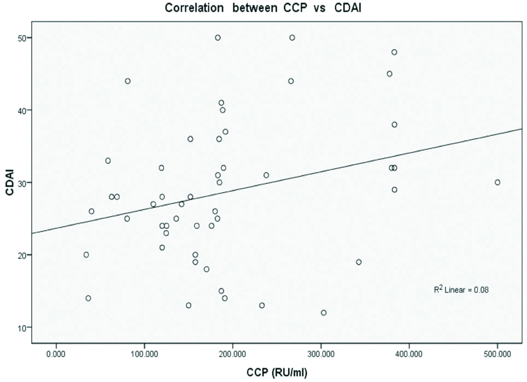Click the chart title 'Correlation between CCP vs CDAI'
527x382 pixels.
pos(262,8)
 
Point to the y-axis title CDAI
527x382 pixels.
pos(9,182)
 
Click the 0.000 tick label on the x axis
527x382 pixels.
pos(56,355)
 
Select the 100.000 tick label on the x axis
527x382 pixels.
pos(144,355)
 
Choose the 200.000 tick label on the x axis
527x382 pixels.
pos(233,355)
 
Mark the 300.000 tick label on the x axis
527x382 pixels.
pos(321,355)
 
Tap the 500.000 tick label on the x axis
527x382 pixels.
pos(497,355)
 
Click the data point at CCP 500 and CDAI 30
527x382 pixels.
pos(497,182)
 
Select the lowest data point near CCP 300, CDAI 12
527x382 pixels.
pos(324,313)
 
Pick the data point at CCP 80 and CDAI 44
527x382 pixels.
pos(127,81)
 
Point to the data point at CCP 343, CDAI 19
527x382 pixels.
pos(359,262)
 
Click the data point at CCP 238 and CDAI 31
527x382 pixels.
pos(266,175)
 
